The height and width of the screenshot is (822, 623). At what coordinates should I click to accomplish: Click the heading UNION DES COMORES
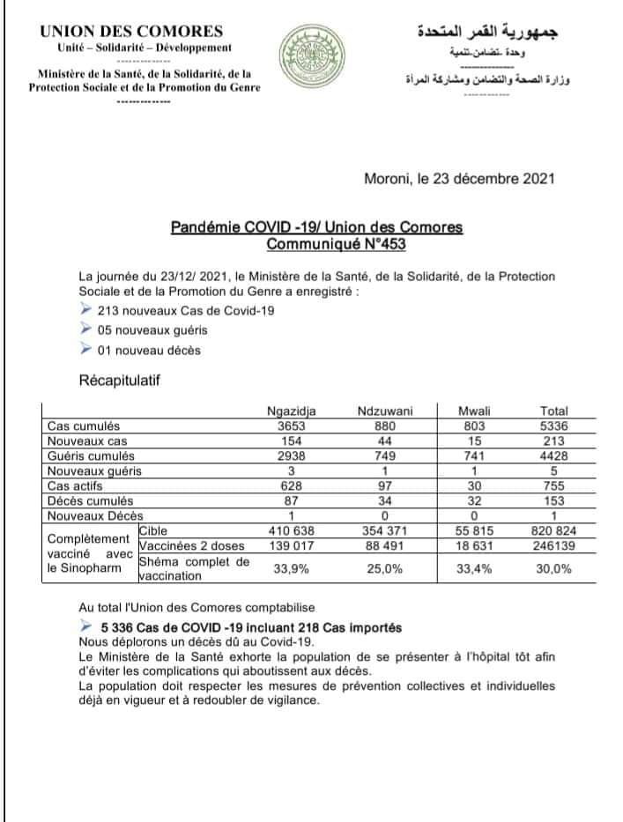131,32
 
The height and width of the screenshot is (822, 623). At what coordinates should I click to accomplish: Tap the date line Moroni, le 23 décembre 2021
459,178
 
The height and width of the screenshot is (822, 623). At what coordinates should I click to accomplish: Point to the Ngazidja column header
292,411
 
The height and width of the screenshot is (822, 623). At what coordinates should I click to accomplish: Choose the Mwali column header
475,411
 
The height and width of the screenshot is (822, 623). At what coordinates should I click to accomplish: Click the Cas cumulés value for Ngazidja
292,425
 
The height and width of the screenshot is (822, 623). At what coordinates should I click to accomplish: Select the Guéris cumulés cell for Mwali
475,455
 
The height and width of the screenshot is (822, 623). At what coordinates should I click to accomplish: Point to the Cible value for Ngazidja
292,531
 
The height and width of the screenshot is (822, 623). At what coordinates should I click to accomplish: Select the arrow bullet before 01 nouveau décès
85,350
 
